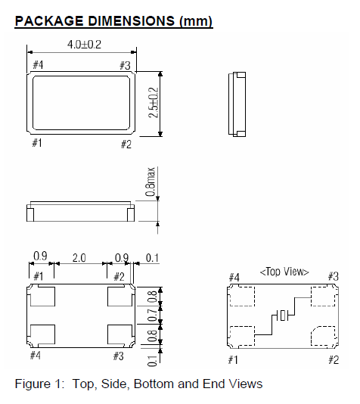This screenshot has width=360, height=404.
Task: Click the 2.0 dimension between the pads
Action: (x=79, y=257)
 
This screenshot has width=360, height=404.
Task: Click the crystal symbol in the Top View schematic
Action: (x=282, y=316)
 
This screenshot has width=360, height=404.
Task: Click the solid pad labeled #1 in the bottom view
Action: (x=42, y=297)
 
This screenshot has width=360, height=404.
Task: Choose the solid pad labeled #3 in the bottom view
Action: (x=119, y=334)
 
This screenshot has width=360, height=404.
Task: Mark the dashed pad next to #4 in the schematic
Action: (x=244, y=296)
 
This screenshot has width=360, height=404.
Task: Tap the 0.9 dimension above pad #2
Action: (x=119, y=257)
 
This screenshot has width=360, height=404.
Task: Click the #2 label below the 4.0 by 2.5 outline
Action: (x=126, y=144)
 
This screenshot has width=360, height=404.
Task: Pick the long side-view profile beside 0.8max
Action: (x=81, y=211)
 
